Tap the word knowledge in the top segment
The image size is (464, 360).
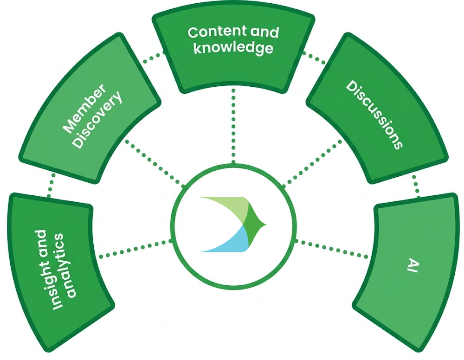[233, 48]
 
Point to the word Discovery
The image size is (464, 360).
[98, 120]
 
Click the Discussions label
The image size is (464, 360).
[374, 116]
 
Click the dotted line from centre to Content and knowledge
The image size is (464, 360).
[233, 125]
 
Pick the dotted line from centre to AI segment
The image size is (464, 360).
[332, 248]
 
